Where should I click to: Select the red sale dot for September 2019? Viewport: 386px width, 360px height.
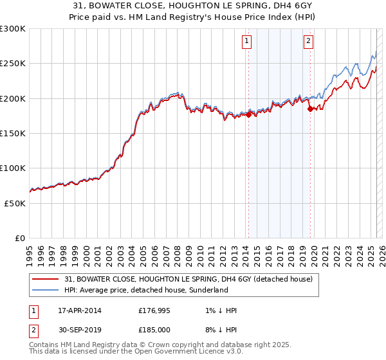(311, 109)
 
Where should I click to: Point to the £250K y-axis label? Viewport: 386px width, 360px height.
(12, 64)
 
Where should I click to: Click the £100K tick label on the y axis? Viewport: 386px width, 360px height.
(12, 168)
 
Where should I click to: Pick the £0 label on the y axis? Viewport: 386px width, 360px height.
(20, 238)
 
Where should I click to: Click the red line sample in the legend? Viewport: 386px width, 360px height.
(46, 279)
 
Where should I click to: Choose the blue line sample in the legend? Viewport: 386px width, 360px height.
(46, 291)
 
